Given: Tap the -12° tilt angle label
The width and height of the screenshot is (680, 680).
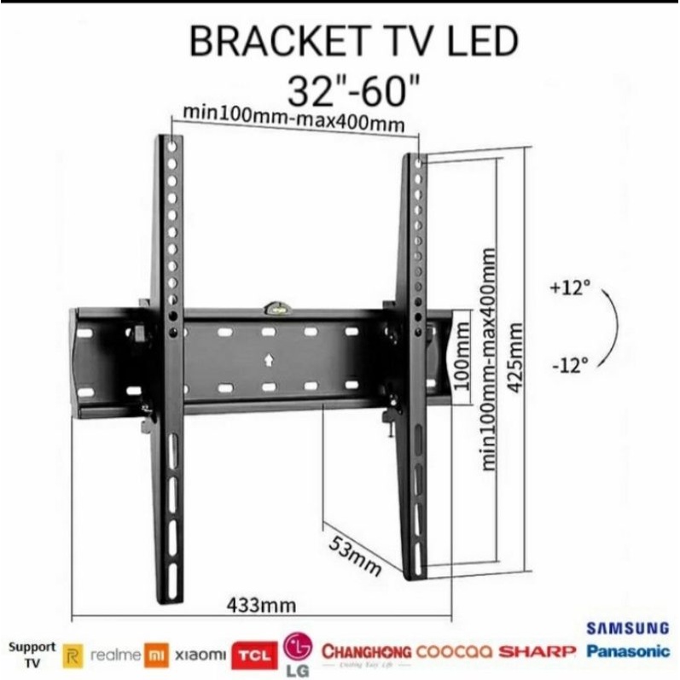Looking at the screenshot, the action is point(571,365).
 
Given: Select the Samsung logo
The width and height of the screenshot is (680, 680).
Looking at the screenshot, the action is point(628,628).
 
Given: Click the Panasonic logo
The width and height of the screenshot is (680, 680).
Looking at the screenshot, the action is point(628,651).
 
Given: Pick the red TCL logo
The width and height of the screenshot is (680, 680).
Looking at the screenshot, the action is point(257,653).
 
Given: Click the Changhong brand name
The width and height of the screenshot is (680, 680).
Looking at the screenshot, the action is point(367,652).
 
